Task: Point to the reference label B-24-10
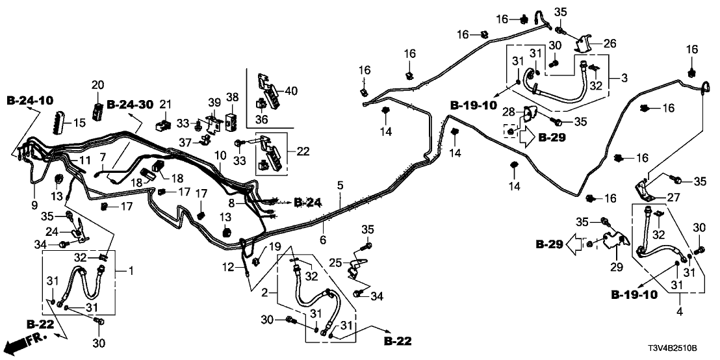click(x=29, y=101)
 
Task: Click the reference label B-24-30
click(x=129, y=104)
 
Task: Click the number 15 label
click(x=79, y=122)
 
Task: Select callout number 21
click(x=165, y=105)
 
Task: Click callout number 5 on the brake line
click(x=339, y=186)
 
